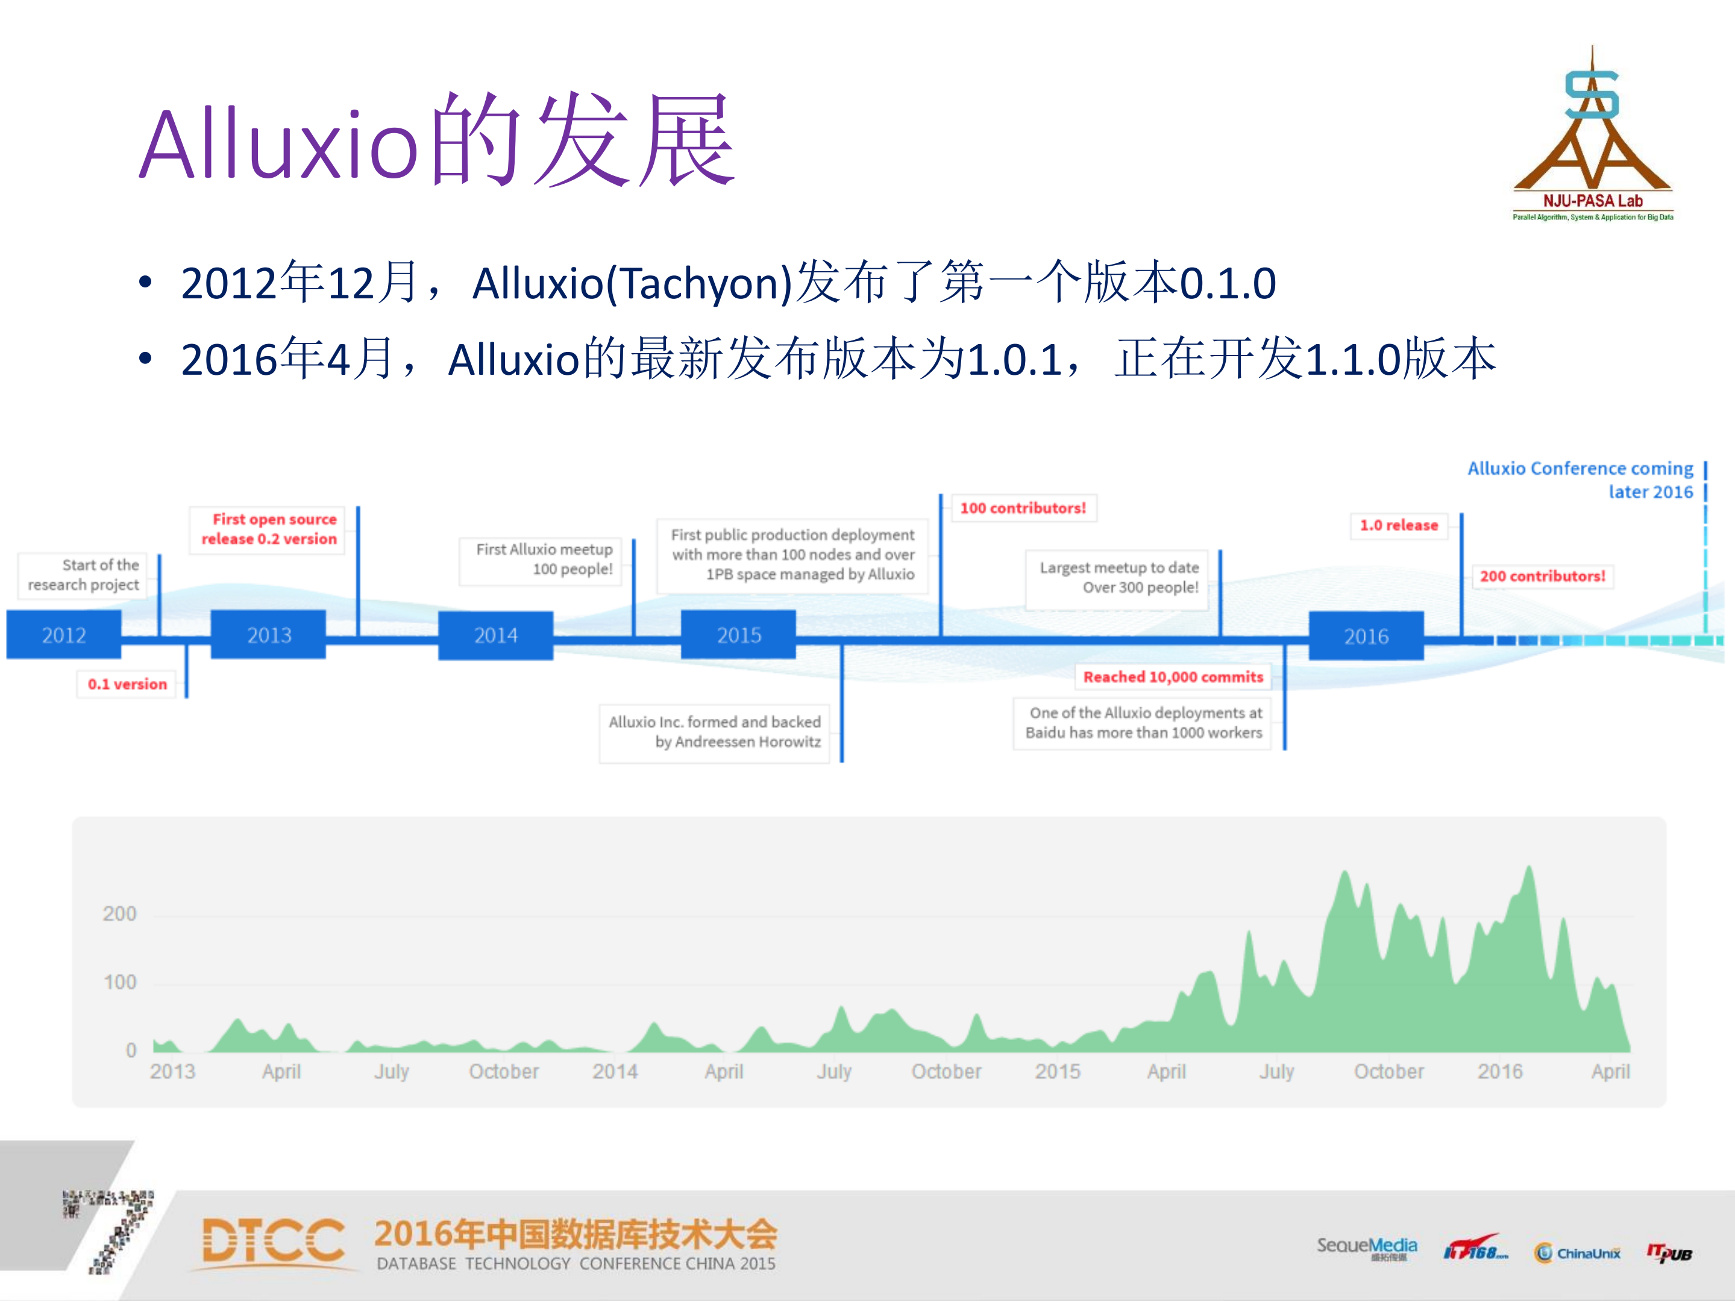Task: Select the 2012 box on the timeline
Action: [x=63, y=635]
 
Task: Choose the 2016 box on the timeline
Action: [x=1366, y=636]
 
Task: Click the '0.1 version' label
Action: [x=127, y=684]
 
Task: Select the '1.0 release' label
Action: [x=1399, y=525]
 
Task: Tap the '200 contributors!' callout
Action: [x=1542, y=577]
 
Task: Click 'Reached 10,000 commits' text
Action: [x=1173, y=677]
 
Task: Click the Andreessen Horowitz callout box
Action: [x=715, y=732]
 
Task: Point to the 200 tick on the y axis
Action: [x=119, y=914]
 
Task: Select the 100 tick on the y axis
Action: [x=119, y=982]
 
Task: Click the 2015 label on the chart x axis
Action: [x=1056, y=1071]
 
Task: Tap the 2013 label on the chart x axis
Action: [x=172, y=1071]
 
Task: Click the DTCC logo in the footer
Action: [x=273, y=1241]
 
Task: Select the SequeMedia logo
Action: [x=1366, y=1247]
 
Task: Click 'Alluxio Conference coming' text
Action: [x=1580, y=469]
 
